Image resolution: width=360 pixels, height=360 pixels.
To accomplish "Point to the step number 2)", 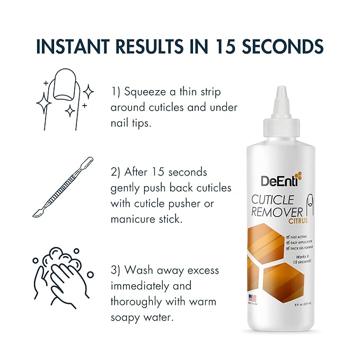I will (118, 173).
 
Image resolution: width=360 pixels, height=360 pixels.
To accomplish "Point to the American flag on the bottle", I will (252, 297).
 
